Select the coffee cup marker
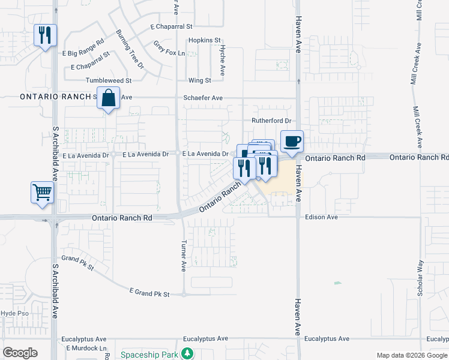[x=292, y=142]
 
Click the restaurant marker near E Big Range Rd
[x=45, y=36]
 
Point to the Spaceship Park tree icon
[x=188, y=354]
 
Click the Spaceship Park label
[x=150, y=355]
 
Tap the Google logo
[x=20, y=353]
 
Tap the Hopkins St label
[x=205, y=40]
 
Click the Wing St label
[x=200, y=80]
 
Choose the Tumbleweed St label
[x=109, y=80]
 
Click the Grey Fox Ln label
[x=169, y=49]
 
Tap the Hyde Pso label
[x=15, y=313]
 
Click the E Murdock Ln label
[x=86, y=348]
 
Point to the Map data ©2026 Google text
[x=411, y=355]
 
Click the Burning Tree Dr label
[x=130, y=49]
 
